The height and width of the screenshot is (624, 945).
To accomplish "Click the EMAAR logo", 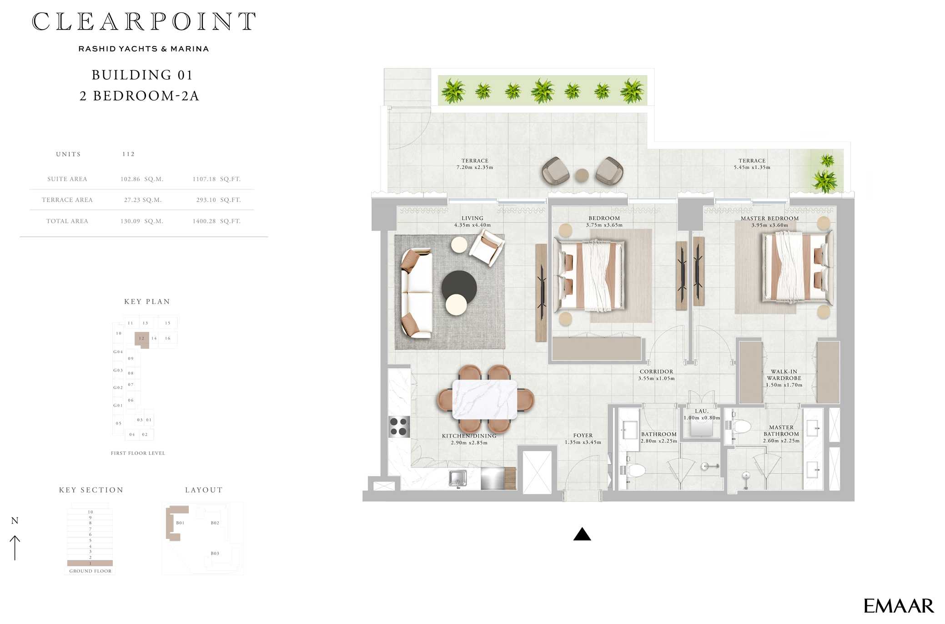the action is click(x=898, y=606).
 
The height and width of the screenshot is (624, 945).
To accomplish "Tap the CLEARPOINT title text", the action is click(x=144, y=21).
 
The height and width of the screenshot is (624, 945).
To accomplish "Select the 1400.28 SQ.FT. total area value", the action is click(x=216, y=221).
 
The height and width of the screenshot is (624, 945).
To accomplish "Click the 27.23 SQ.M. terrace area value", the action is click(x=143, y=200).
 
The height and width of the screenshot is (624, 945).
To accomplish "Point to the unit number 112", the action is click(x=128, y=154).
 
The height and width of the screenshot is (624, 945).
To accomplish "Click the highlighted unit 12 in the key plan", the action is click(x=142, y=339).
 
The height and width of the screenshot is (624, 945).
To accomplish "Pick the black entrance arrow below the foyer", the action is click(x=582, y=534).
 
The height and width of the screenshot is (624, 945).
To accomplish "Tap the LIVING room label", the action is click(x=472, y=218).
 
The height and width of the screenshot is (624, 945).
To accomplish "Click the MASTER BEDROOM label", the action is click(x=769, y=218).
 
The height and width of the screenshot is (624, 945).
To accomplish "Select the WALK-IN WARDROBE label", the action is click(x=784, y=375).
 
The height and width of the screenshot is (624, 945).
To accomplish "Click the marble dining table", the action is click(x=485, y=399).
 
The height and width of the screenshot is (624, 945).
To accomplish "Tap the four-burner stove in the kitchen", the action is click(x=399, y=427).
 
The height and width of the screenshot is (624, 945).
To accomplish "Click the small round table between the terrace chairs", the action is click(x=582, y=175).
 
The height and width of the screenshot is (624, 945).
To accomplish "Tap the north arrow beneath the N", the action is click(x=15, y=548).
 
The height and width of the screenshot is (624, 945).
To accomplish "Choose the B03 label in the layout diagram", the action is click(x=215, y=553).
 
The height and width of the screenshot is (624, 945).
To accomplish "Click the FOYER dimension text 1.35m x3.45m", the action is click(x=583, y=442).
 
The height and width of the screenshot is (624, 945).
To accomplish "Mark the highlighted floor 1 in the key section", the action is click(x=90, y=563).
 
